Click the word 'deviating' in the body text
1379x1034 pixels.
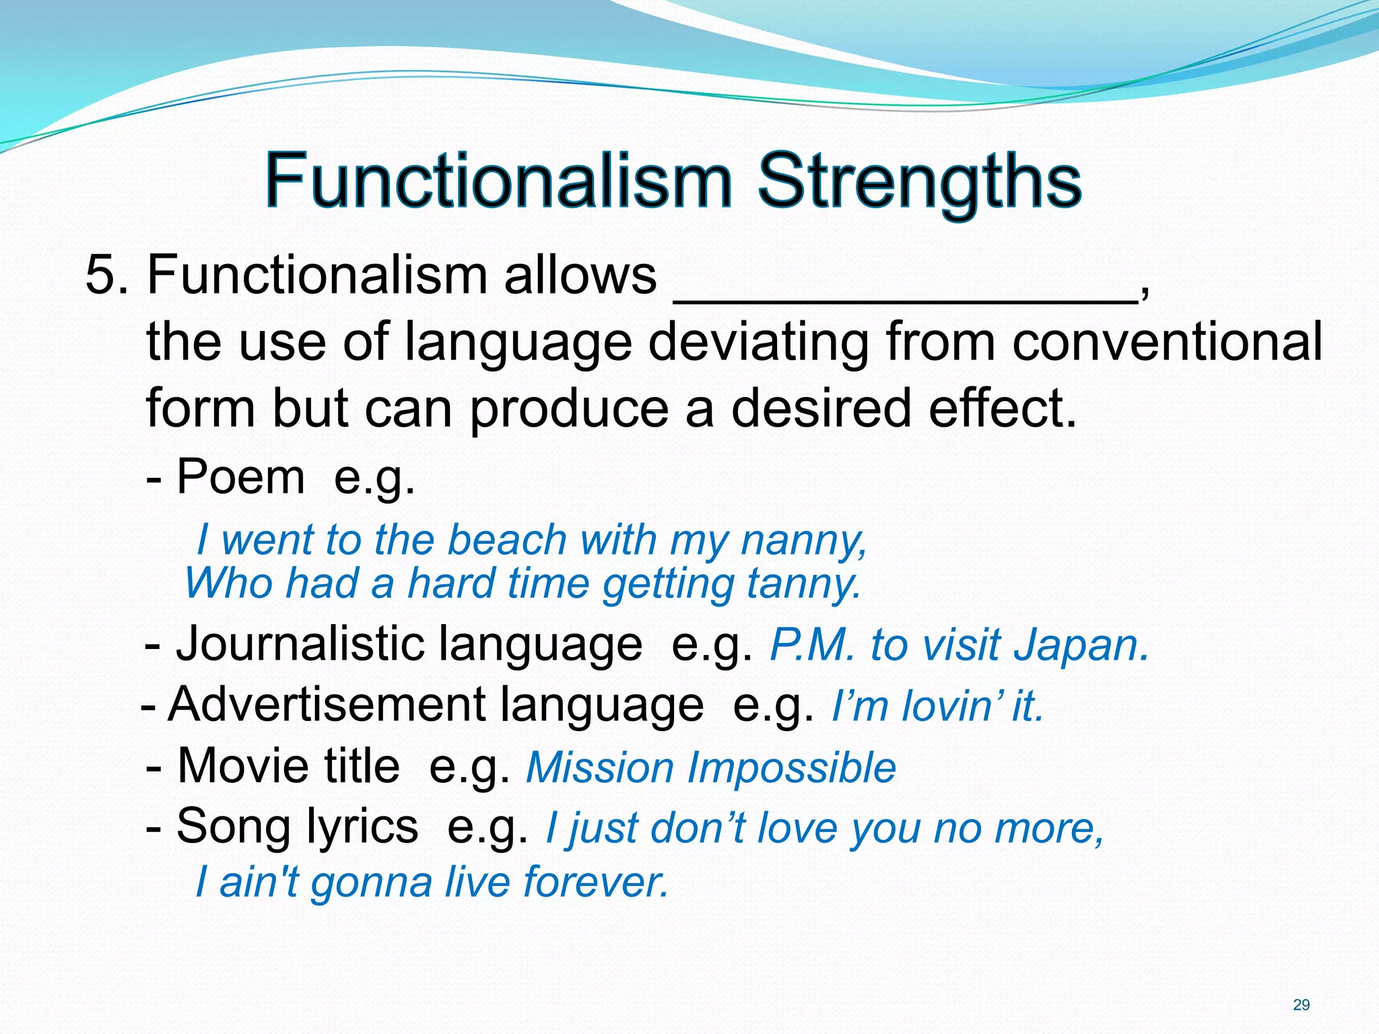[x=758, y=342]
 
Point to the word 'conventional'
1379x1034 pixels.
[x=1167, y=342]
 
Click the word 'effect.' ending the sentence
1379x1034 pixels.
[x=1003, y=409]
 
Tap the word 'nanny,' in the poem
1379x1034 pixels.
[x=803, y=540]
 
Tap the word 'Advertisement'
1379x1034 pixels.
[x=326, y=705]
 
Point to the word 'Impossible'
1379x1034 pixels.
[x=791, y=767]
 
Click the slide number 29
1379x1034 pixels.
[x=1302, y=1005]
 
